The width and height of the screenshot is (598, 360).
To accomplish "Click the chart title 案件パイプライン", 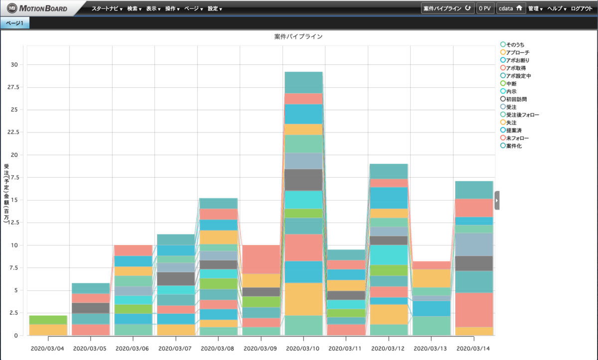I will (x=299, y=37).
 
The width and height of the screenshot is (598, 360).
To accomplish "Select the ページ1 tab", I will (x=14, y=23).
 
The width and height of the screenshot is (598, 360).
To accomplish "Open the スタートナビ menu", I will (x=107, y=8).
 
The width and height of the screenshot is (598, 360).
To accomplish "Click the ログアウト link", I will (x=582, y=8).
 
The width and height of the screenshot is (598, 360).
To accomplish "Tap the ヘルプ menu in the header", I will (x=557, y=8).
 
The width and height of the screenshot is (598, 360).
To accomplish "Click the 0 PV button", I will (x=485, y=8).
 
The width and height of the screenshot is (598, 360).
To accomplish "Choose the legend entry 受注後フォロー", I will (x=522, y=115).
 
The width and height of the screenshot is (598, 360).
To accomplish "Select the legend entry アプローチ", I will (x=517, y=52).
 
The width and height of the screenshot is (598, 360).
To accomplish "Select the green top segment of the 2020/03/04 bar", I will (x=48, y=320).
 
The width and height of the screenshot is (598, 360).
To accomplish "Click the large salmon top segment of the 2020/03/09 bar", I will (x=261, y=259).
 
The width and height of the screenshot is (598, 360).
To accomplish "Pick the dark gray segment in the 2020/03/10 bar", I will (x=303, y=180).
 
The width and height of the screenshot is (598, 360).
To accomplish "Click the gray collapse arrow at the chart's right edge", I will (x=497, y=200).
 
